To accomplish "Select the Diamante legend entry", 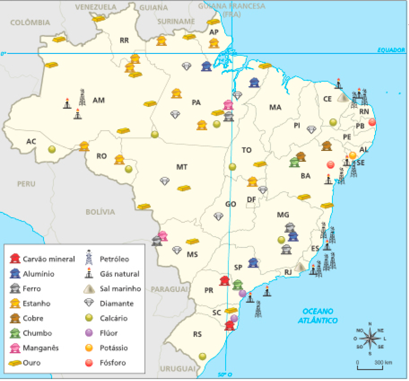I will coord(116,303).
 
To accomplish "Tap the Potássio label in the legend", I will coord(114,348).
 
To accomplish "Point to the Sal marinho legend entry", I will coord(120,288).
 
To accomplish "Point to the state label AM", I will coord(99,100).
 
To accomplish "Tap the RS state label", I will coord(198,334).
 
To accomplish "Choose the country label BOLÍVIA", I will coord(100,212).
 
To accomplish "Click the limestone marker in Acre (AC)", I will coord(52,150).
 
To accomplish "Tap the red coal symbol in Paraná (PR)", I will coord(224,281).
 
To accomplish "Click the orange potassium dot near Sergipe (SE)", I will coord(353,155).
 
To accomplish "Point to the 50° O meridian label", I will coord(225,374).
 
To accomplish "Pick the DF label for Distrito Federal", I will coord(252,199).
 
